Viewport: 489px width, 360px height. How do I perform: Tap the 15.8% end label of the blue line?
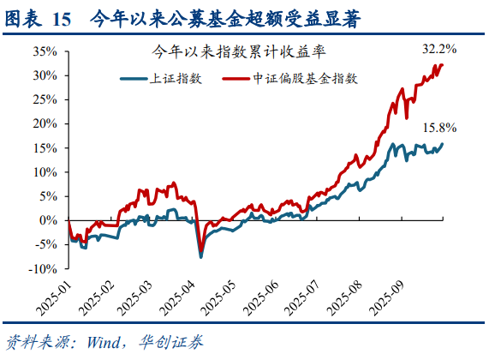pyautogui.click(x=438, y=129)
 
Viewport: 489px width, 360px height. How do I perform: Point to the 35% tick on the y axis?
pyautogui.click(x=45, y=51)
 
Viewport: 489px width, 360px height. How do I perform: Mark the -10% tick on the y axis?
pyautogui.click(x=43, y=268)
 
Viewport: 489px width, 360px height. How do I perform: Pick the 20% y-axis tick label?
pyautogui.click(x=45, y=123)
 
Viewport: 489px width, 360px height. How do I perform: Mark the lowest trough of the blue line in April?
pyautogui.click(x=201, y=255)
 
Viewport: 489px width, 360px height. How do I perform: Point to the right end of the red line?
pyautogui.click(x=443, y=64)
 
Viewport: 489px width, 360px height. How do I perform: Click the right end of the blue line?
pyautogui.click(x=443, y=144)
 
